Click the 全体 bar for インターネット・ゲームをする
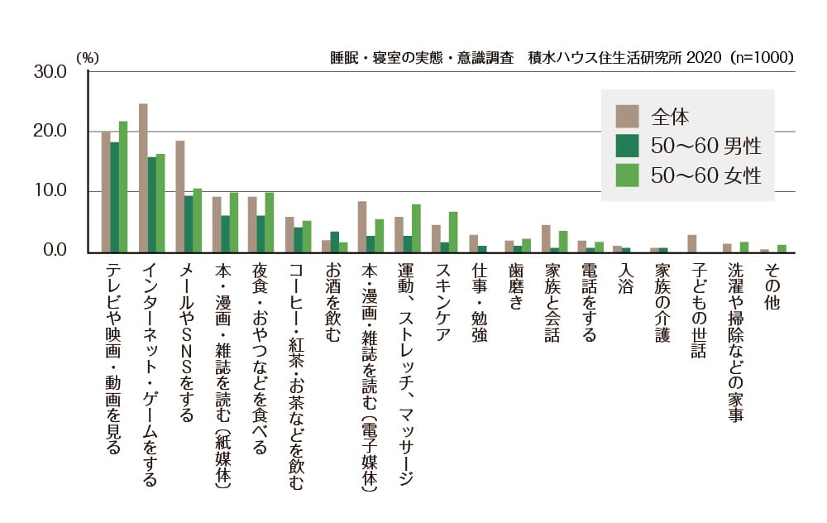coord(143,177)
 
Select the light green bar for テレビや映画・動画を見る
coord(123,186)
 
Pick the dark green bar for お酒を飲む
coord(334,242)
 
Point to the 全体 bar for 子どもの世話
coord(692,243)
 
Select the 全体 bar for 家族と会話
coord(546,238)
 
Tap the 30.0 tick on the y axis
coord(50,72)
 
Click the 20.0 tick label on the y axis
coord(50,132)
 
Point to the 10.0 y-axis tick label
coord(50,191)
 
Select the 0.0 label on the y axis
coord(54,251)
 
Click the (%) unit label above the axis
coord(87,58)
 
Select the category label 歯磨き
coord(516,285)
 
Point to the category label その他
coord(772,285)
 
